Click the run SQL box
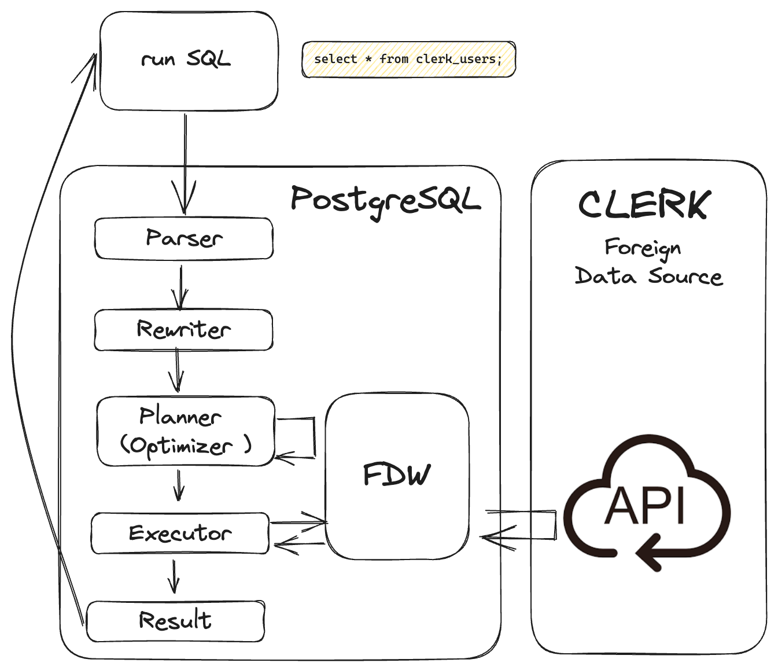click(x=189, y=61)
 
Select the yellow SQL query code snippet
click(x=408, y=59)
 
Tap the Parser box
click(x=184, y=238)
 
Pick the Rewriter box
click(x=184, y=330)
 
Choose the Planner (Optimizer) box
click(x=186, y=431)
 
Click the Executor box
click(x=180, y=533)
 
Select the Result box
click(x=175, y=621)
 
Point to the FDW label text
click(x=397, y=475)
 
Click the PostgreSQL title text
click(x=385, y=201)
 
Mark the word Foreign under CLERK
click(x=643, y=248)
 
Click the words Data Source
click(x=648, y=276)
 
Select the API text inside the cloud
click(x=644, y=506)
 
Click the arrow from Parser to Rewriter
click(x=180, y=288)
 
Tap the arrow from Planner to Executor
click(x=179, y=485)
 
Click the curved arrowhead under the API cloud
click(x=650, y=553)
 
